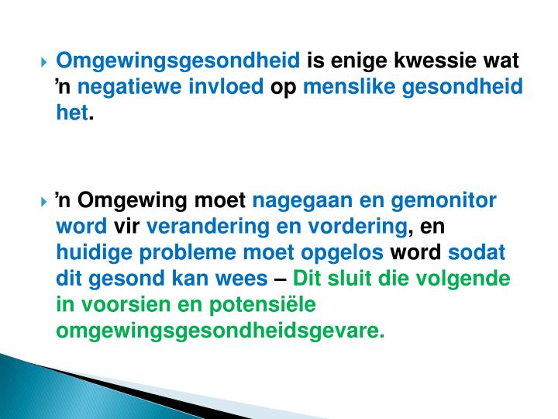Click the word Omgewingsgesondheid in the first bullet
[179, 61]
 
